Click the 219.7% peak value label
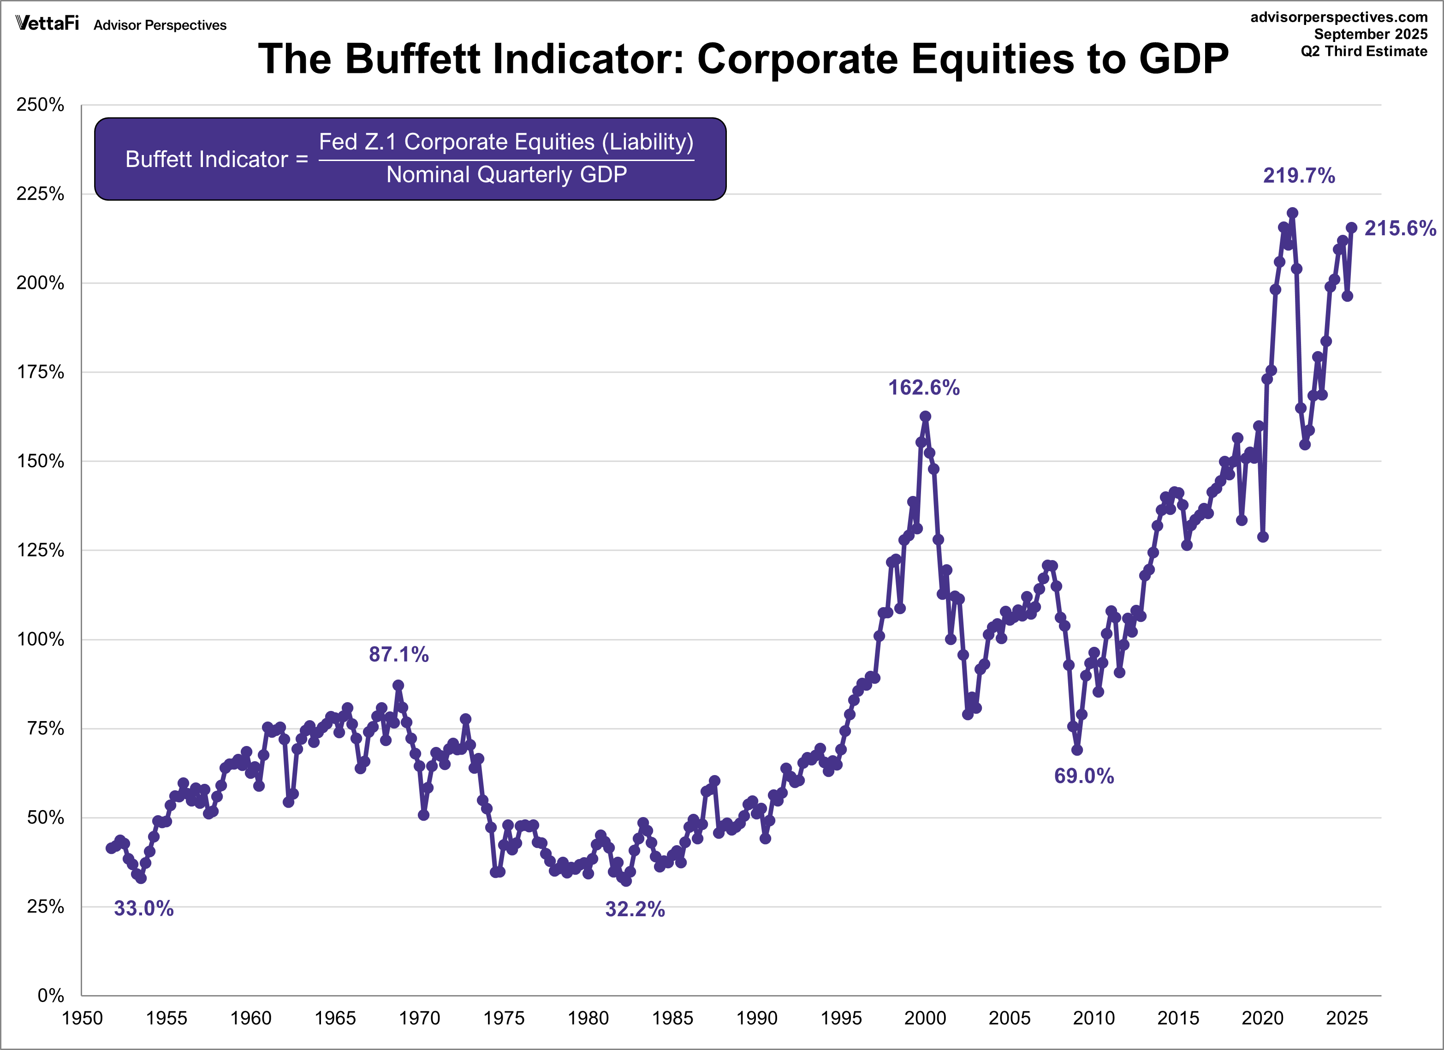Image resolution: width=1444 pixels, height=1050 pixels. pos(1299,176)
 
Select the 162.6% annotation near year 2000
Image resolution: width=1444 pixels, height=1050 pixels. pos(924,388)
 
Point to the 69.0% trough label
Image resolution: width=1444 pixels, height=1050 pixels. pos(1084,776)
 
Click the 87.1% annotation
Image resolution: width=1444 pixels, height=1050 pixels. pos(398,655)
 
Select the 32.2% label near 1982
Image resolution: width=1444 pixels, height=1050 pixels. pos(635,909)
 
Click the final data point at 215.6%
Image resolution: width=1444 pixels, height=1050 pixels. pos(1351,228)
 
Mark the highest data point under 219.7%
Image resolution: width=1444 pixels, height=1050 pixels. pos(1292,213)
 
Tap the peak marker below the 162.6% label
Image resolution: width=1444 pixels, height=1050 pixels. pos(925,417)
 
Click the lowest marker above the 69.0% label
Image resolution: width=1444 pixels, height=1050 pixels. pos(1076,750)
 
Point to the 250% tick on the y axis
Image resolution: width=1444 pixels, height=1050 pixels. pos(40,105)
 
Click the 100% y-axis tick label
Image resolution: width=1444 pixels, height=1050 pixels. pos(40,640)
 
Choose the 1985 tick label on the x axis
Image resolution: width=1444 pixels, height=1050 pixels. pos(672,1018)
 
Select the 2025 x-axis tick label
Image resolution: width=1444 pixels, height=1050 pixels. pos(1347,1018)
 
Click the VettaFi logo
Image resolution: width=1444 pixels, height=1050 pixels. pos(47,24)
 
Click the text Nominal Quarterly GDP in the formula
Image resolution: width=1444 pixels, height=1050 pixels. pos(506,174)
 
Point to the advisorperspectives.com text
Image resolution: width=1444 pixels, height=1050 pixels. pos(1339,17)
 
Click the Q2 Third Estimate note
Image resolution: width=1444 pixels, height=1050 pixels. pos(1364,52)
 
